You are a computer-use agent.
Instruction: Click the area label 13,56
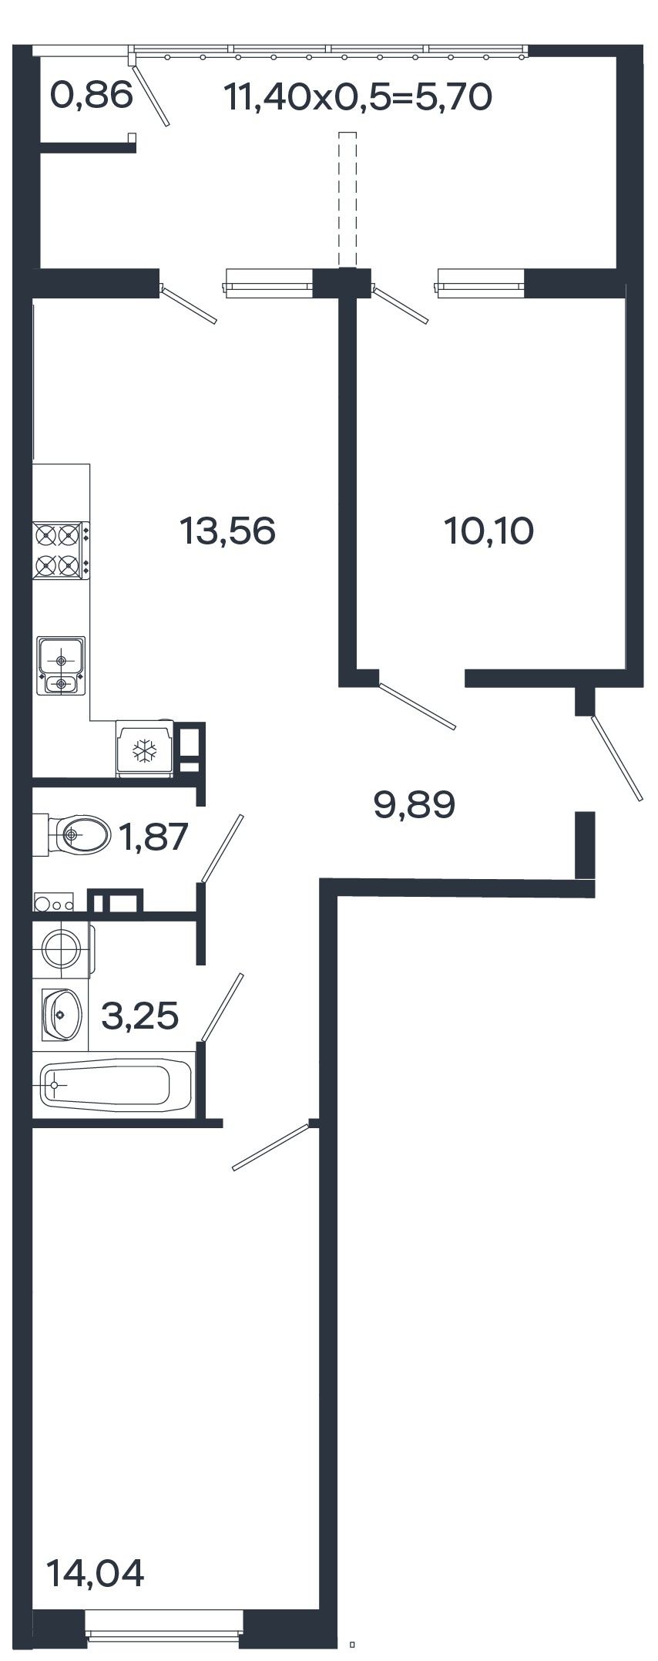coord(227,531)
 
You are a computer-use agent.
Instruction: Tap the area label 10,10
coord(489,531)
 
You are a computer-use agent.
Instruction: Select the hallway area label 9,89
coord(415,806)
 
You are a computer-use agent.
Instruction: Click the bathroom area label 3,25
coord(140,1016)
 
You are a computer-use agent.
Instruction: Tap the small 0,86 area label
coord(92,96)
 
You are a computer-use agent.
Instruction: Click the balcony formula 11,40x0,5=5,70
coord(358,98)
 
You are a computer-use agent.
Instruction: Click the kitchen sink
coord(61,665)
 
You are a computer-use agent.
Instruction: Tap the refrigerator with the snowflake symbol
coord(144,749)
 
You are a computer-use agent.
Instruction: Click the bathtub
coord(116,1084)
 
